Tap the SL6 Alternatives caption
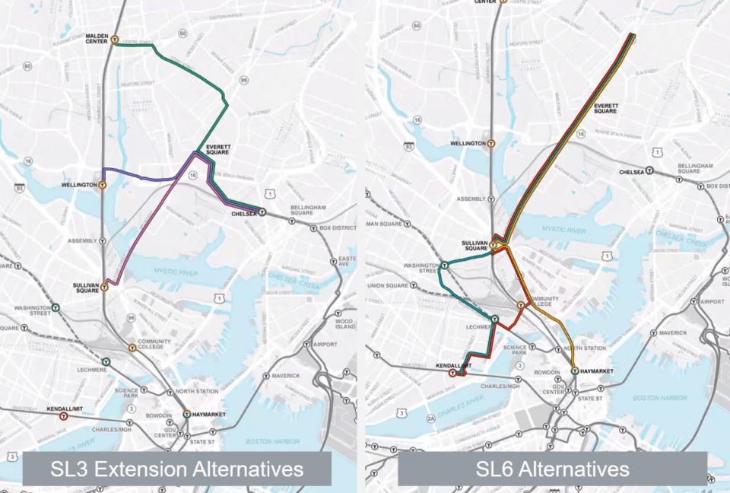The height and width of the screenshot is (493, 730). click(553, 469)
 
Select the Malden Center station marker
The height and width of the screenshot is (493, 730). click(114, 40)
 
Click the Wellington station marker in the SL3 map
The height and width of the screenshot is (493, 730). click(103, 185)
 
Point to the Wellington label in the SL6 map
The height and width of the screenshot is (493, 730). click(468, 143)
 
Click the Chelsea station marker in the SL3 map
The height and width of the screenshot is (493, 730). click(262, 214)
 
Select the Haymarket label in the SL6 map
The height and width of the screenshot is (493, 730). click(596, 371)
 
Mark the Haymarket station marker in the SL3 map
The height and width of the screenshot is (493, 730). click(186, 414)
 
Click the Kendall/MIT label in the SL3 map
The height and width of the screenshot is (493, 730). click(65, 409)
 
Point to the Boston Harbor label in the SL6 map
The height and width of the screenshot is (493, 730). click(661, 398)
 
